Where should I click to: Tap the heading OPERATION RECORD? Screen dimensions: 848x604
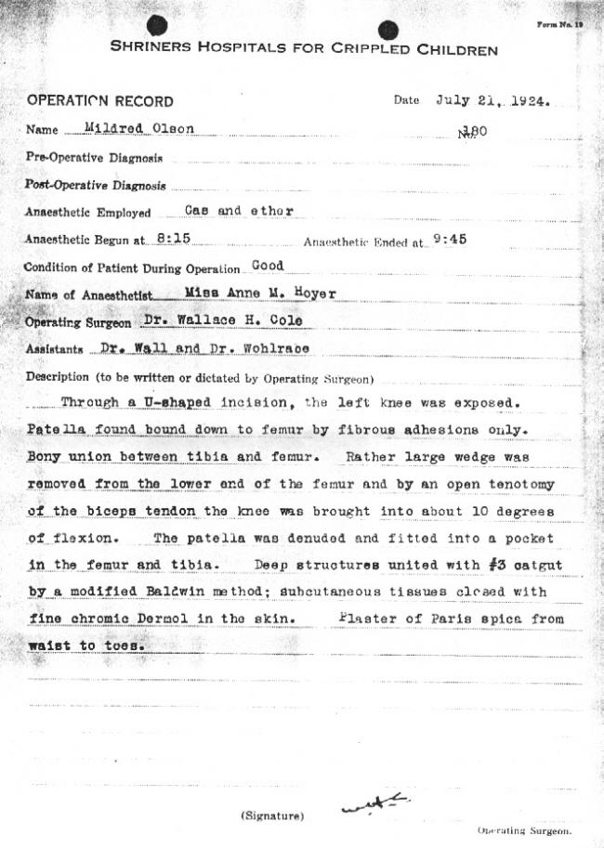tap(99, 101)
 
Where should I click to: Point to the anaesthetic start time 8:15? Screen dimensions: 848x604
tap(174, 238)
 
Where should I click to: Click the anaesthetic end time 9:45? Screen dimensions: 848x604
tap(450, 239)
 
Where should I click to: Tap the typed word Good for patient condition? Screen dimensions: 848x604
tap(268, 265)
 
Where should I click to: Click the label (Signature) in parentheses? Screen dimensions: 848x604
tap(271, 815)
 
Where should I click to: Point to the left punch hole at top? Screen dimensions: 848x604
tap(156, 24)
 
